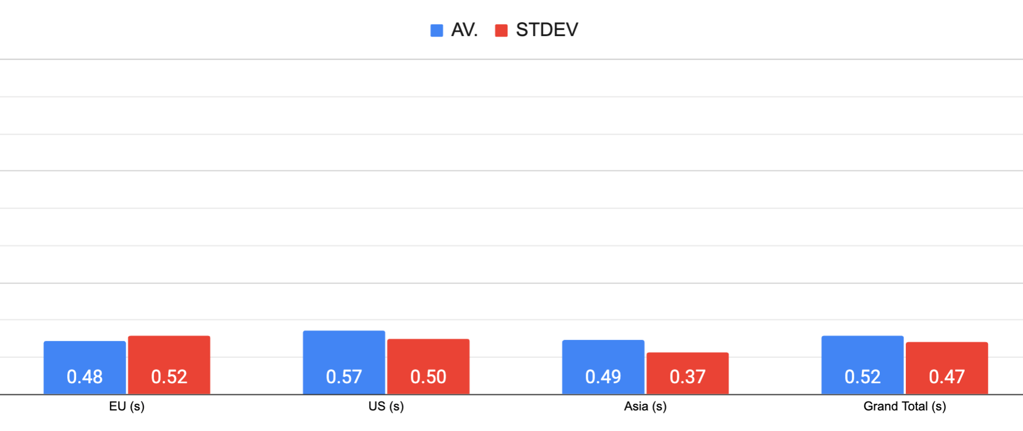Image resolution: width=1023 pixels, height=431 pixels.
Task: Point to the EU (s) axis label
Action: click(127, 407)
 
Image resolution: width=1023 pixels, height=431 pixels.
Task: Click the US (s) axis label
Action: click(386, 407)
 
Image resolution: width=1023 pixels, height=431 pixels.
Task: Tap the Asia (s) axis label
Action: click(645, 407)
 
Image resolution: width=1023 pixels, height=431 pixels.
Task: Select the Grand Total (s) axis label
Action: click(904, 407)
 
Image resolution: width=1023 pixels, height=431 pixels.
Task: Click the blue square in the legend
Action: click(437, 31)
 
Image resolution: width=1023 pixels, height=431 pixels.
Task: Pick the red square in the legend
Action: click(501, 31)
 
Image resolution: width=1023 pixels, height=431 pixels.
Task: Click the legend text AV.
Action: click(465, 30)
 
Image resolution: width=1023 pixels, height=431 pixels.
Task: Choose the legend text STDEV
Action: click(547, 30)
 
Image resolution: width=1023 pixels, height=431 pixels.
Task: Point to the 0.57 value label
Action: click(344, 377)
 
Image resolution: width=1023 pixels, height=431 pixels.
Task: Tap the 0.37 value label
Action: click(688, 377)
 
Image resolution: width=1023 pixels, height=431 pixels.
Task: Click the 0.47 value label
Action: click(947, 377)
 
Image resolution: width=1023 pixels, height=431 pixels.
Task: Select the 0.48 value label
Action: click(85, 377)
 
